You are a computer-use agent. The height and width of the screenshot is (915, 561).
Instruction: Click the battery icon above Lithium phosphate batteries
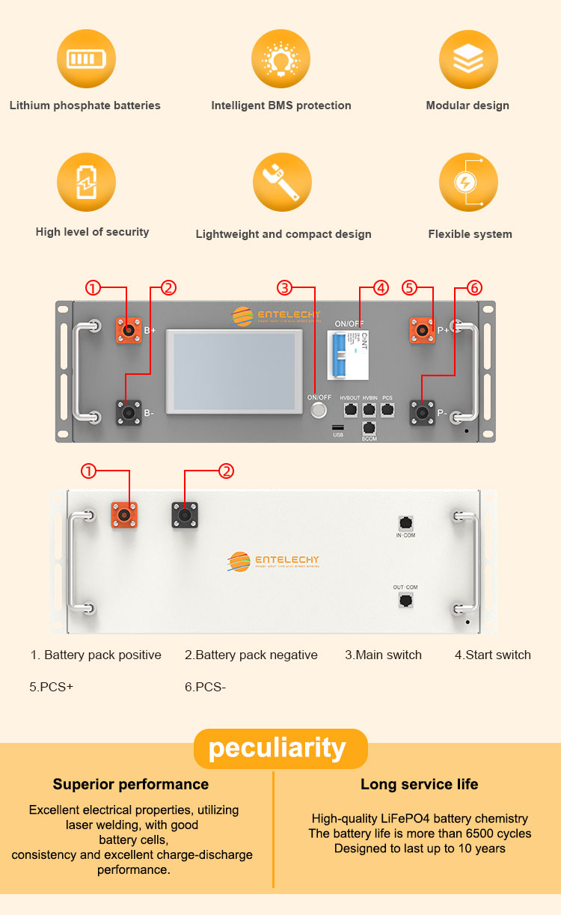point(87,58)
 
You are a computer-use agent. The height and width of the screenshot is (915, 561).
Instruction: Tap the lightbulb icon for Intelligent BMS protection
point(281,58)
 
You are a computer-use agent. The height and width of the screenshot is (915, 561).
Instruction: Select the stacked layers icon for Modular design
point(468,58)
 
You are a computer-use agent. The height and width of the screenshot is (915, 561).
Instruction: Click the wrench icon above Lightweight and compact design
point(281,183)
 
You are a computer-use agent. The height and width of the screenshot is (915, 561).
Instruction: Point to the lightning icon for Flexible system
point(468,183)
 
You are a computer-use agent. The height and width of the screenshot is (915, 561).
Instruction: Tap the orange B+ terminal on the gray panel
point(129,329)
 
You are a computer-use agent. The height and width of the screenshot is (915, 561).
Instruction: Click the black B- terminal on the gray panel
point(129,412)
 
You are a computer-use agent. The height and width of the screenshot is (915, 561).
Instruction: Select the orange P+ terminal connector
point(423,329)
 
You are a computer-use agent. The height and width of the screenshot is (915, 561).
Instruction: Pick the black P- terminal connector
point(423,412)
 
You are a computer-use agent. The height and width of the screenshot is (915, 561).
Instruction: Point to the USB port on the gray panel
point(338,427)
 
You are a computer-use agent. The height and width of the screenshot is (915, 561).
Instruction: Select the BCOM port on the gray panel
point(369,428)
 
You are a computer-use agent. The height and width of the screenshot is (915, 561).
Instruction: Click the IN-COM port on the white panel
point(406,523)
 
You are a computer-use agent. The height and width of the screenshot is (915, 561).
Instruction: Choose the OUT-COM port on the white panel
point(406,600)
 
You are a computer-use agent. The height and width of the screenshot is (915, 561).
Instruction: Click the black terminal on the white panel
point(185,514)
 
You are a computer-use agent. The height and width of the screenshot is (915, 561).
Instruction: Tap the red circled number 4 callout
point(381,287)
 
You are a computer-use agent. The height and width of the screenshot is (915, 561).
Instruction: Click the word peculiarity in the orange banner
point(278,748)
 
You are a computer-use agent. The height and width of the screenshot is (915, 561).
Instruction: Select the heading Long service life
point(419,784)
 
